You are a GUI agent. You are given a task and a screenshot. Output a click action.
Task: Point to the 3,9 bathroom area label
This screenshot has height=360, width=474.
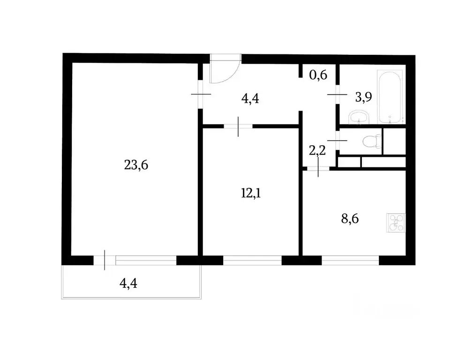364,97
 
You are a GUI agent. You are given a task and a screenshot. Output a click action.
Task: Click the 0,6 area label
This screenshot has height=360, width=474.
318,75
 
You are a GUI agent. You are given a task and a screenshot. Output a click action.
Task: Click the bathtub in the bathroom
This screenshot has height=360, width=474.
389,96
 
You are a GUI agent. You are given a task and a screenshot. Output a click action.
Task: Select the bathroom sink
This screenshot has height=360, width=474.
359,117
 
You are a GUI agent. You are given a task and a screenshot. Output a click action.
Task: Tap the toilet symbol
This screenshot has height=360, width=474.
374,141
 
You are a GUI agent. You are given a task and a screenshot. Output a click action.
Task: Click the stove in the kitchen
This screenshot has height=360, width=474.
395,222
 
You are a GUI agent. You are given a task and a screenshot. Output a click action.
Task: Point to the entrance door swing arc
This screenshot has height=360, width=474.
225,70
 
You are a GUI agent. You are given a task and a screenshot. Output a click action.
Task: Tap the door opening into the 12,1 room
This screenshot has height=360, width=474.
238,126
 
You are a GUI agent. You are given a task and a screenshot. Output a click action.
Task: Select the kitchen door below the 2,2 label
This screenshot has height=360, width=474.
318,167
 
